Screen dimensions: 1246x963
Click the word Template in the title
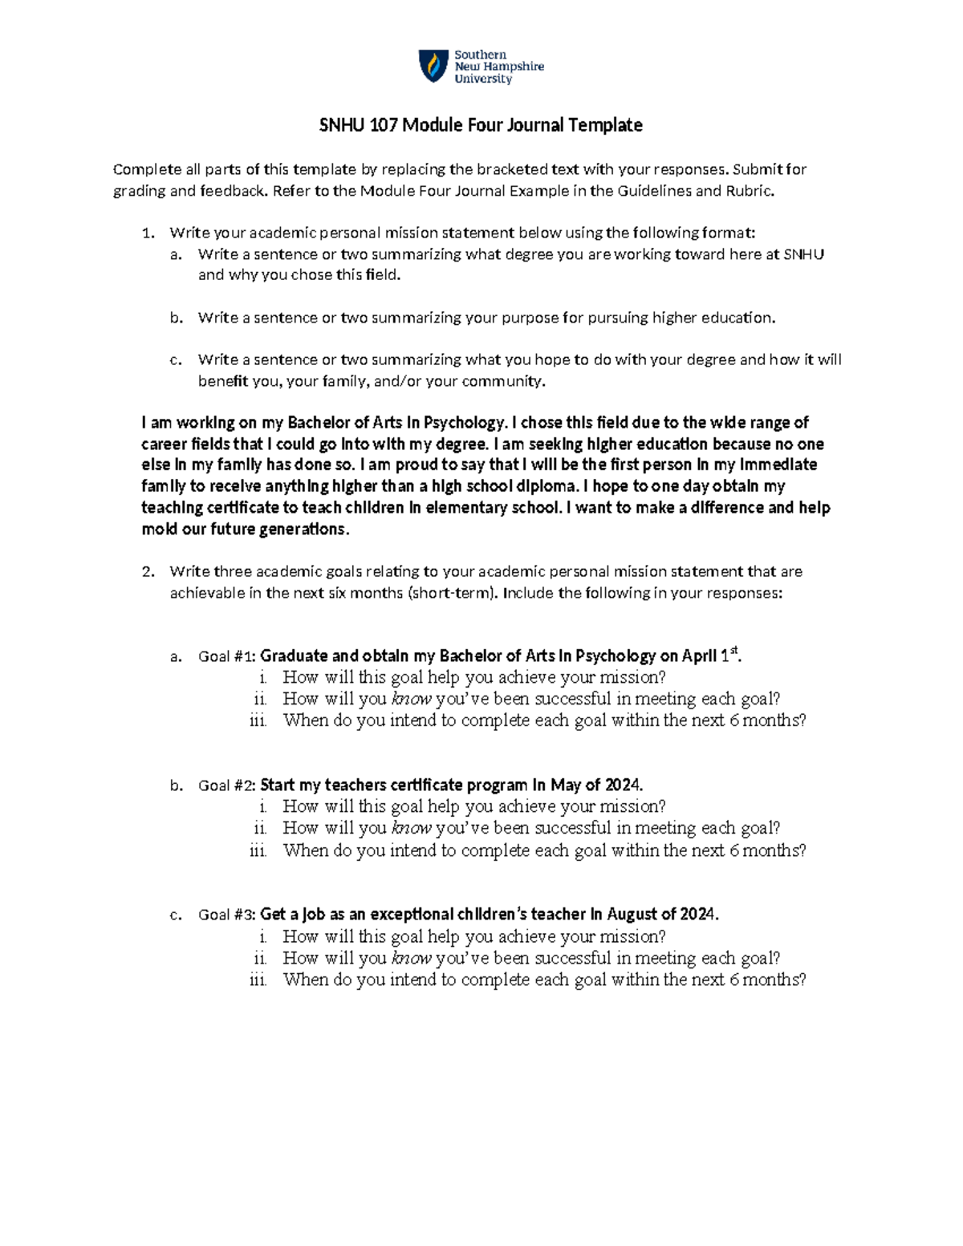(605, 125)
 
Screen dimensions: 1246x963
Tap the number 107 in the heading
(381, 125)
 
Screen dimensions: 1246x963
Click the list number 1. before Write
(147, 233)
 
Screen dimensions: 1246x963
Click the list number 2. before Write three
(147, 572)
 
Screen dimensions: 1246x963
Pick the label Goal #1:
(227, 656)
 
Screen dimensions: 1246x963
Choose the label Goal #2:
(227, 785)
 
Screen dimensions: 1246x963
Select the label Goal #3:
(227, 915)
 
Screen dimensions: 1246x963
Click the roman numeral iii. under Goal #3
(258, 980)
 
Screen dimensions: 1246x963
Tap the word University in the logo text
(482, 79)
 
